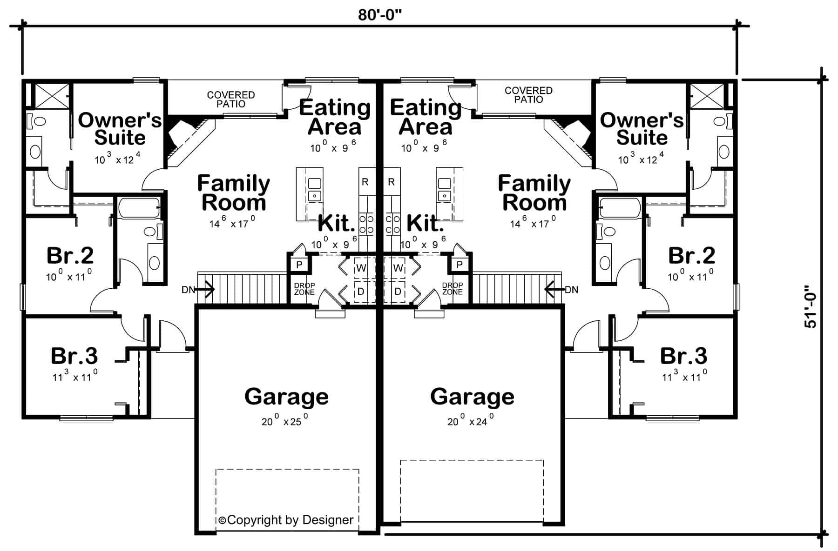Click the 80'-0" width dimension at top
[379, 15]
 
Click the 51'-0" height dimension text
[811, 307]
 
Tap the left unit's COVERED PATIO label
[231, 100]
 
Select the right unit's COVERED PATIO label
[528, 95]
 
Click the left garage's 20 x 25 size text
[284, 421]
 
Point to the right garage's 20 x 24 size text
[470, 421]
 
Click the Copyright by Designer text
[286, 520]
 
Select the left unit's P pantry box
[299, 265]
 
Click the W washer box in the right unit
[398, 268]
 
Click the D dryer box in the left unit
[361, 292]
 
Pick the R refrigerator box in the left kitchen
[365, 182]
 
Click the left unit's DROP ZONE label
[304, 289]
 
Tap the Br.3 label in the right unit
[683, 356]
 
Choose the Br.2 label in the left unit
[70, 255]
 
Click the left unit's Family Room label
[234, 193]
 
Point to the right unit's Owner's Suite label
[642, 129]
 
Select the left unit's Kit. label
[336, 224]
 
